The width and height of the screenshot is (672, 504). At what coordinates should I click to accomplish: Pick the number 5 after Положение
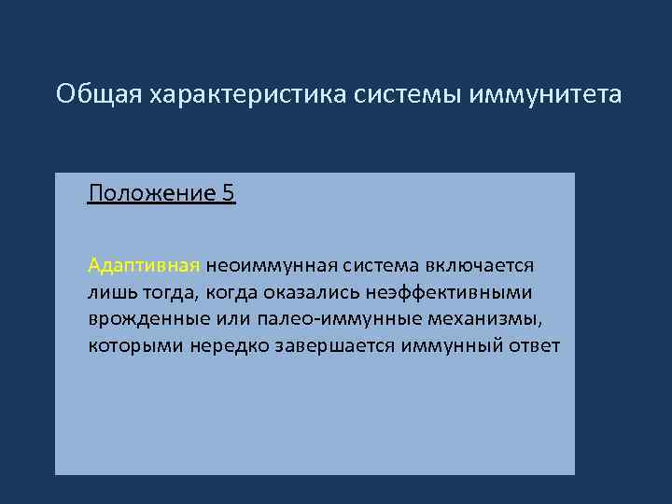click(229, 194)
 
